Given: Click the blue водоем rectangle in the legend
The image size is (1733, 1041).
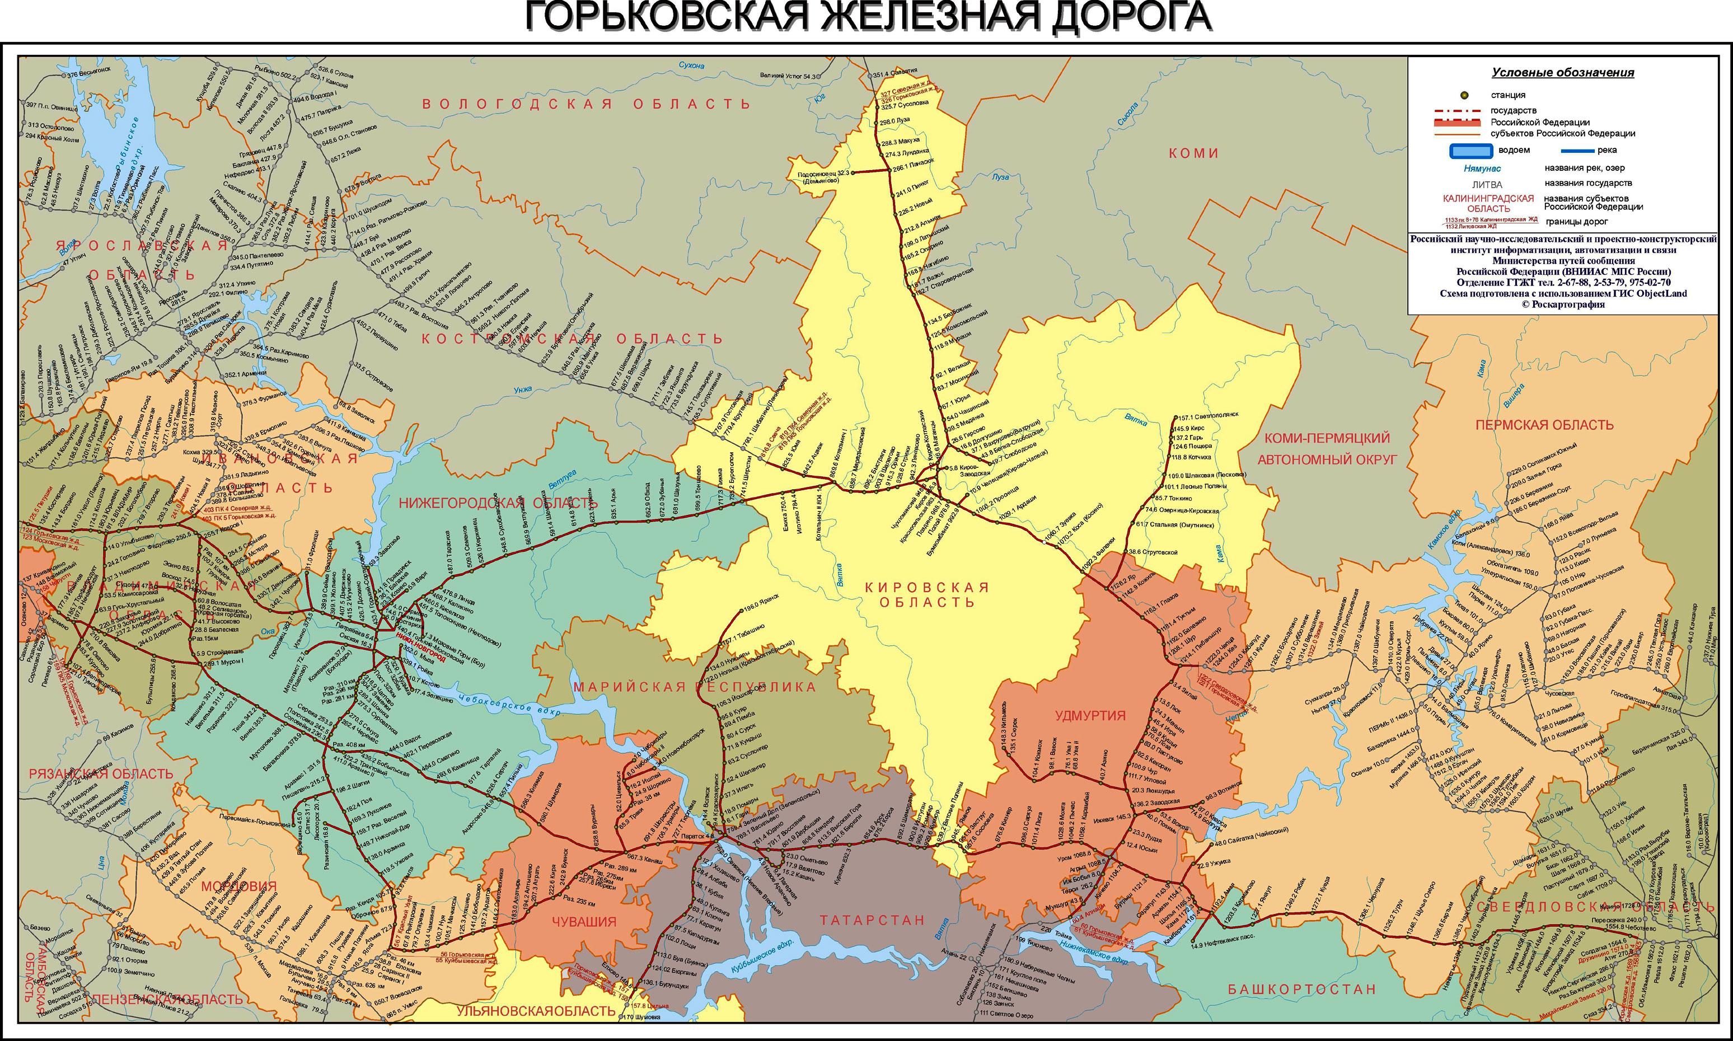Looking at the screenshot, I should [1471, 150].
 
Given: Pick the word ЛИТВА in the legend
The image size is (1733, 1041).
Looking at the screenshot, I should [1487, 185].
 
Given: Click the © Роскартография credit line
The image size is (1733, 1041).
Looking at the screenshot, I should [1562, 304].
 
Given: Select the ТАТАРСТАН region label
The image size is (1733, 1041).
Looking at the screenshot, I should [872, 920].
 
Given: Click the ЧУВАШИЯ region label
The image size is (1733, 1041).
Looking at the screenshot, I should [584, 922].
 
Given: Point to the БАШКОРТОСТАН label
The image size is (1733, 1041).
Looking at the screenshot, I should [1301, 989].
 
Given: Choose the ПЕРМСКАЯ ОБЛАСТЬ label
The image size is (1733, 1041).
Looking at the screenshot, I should [1544, 424].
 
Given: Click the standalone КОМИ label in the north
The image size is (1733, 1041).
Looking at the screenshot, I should [1193, 153].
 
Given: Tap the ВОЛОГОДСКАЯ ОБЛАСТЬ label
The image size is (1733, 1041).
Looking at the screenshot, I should [586, 104].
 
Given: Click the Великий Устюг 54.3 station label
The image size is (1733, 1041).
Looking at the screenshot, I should [789, 76].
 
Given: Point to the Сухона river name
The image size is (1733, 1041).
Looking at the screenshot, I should [691, 65].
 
